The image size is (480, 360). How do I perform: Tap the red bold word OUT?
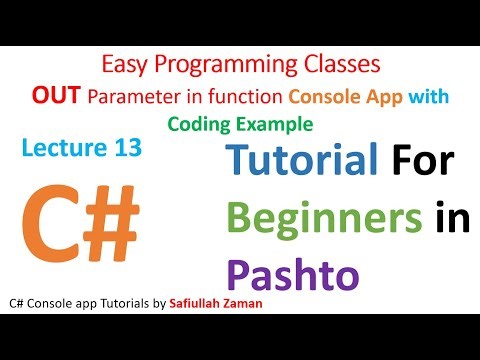coord(53,96)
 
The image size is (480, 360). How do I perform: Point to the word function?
coord(230,96)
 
